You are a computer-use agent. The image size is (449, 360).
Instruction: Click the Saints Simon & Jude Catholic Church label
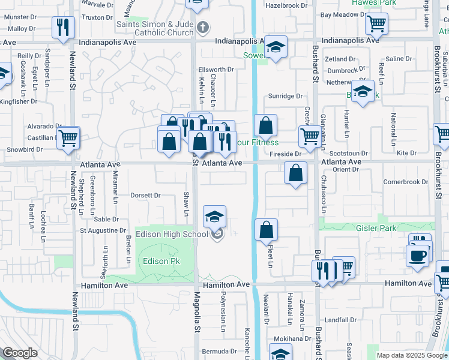(155, 28)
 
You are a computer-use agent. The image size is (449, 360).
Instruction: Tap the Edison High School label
(172, 234)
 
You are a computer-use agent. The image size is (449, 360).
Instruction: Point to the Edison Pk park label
(161, 261)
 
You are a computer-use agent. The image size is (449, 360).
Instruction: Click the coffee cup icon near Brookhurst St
(417, 254)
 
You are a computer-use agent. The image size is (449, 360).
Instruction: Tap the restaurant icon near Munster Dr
(62, 27)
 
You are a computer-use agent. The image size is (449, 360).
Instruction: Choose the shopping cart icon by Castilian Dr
(68, 137)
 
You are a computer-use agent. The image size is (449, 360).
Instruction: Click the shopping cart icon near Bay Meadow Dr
(376, 24)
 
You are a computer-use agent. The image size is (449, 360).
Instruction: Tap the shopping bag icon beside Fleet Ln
(266, 230)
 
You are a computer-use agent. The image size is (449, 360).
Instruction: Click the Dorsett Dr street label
(145, 195)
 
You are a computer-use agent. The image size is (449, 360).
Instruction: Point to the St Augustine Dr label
(103, 230)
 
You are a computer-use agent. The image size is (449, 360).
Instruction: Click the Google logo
(20, 353)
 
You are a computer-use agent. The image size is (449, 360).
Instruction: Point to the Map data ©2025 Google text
(412, 355)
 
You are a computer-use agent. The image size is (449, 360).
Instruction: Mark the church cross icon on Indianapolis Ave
(203, 27)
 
